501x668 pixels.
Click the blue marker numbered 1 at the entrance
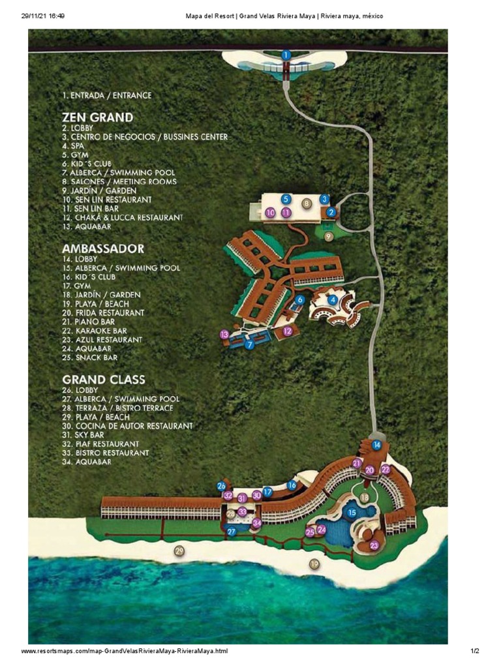286,55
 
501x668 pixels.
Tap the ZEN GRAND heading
97,117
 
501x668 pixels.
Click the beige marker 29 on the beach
179,551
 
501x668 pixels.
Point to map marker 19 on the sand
314,564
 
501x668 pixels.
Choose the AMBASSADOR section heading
103,249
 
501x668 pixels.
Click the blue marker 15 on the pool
352,513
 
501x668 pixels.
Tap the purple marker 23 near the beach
374,545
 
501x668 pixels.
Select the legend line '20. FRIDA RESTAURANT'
103,313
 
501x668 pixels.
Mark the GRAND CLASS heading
104,379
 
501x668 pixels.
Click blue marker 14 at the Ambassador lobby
376,445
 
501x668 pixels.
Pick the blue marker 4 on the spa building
333,299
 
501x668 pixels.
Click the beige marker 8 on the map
306,204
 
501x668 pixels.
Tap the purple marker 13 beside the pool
224,335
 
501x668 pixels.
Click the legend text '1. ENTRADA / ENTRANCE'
107,95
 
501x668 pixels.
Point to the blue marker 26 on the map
221,485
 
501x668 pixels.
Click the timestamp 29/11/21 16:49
42,16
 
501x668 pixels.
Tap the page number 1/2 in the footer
475,651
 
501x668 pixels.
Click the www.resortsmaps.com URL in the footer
125,651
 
